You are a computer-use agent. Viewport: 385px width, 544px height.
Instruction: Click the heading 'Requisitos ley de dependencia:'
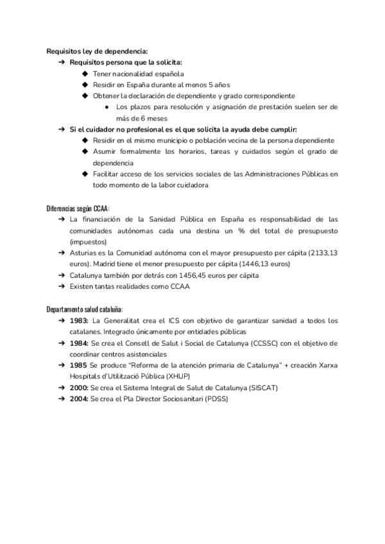pos(98,51)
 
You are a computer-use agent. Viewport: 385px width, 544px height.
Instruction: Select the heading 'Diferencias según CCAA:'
pos(78,209)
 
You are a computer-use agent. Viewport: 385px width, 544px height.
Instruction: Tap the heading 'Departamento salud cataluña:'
pos(85,309)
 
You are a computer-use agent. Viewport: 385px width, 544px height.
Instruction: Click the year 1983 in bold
pos(80,321)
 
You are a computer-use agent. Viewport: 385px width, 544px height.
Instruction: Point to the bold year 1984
pos(80,344)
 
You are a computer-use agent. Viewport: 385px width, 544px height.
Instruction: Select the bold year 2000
pos(80,388)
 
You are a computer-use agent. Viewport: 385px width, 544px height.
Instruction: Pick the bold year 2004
pos(80,399)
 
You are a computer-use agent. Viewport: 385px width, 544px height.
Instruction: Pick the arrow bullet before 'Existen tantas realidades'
pos(61,287)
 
